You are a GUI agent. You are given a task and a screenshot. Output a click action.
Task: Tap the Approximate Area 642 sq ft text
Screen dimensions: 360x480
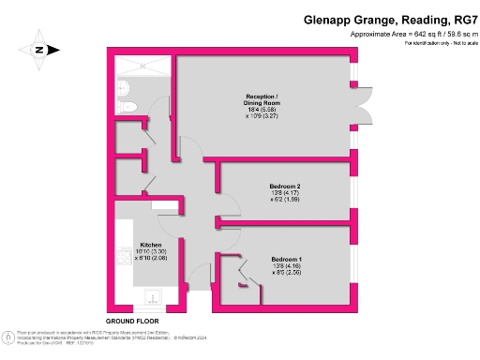point(408,34)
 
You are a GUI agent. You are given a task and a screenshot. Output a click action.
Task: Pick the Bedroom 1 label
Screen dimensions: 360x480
point(286,258)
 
